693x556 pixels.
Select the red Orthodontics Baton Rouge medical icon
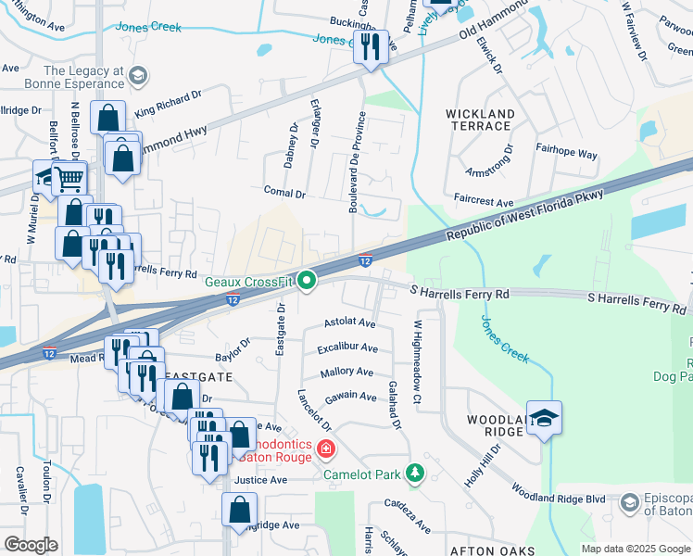pyautogui.click(x=325, y=450)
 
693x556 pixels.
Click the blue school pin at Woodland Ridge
pyautogui.click(x=544, y=419)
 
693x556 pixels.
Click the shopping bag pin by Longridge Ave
pyautogui.click(x=240, y=510)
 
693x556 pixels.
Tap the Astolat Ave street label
pyautogui.click(x=349, y=323)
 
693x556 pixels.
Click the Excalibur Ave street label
pyautogui.click(x=347, y=348)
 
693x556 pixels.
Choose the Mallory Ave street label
pyautogui.click(x=346, y=373)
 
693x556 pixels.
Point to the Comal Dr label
pyautogui.click(x=284, y=194)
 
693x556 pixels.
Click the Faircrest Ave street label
pyautogui.click(x=484, y=202)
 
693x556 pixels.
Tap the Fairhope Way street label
pyautogui.click(x=566, y=154)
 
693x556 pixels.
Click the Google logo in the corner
pyautogui.click(x=31, y=545)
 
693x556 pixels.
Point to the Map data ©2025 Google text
pyautogui.click(x=635, y=549)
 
